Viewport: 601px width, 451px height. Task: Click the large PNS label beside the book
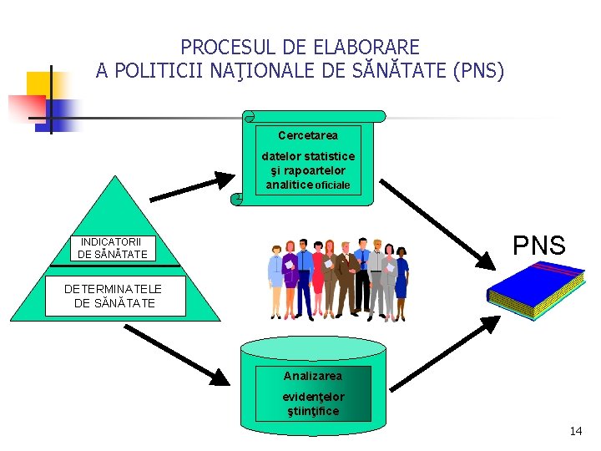[x=538, y=246]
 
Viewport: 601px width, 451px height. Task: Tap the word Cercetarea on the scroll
[x=308, y=135]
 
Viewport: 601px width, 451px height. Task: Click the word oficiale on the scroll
[x=333, y=185]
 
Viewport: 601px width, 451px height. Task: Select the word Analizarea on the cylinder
[x=312, y=376]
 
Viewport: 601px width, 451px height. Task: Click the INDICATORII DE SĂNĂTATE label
[x=113, y=248]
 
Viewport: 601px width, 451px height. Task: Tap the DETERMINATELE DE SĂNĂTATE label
[x=114, y=296]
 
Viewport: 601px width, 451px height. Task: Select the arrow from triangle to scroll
[x=193, y=186]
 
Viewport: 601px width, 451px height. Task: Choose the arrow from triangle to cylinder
[x=176, y=354]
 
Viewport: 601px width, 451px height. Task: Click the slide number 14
[x=575, y=431]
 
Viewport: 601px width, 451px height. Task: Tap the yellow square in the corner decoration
[x=38, y=84]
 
